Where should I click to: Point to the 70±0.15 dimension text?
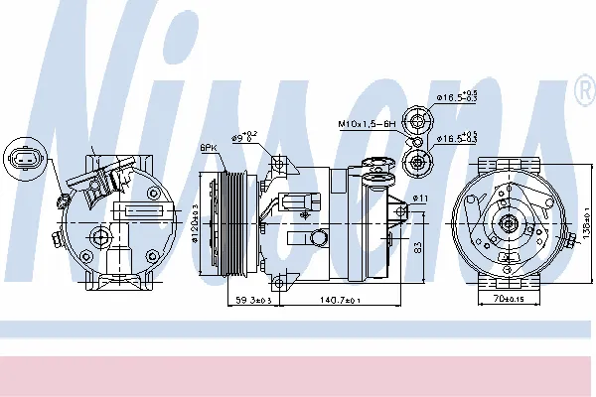coord(510,297)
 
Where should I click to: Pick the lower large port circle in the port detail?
coord(418,160)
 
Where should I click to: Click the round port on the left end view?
coord(100,236)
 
